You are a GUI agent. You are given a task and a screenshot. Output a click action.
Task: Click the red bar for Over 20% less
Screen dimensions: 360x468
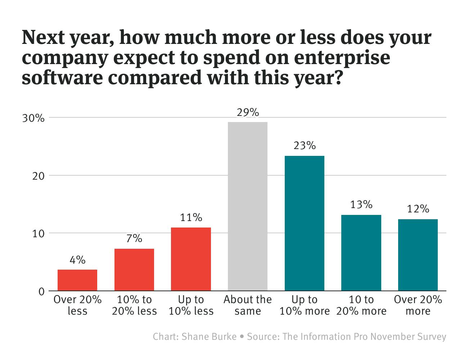77,280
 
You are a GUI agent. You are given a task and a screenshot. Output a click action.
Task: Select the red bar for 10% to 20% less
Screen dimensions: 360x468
134,270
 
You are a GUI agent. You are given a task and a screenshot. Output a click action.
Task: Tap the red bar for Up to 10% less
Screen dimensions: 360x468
191,259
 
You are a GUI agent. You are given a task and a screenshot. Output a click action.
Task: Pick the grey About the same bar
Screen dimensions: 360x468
248,206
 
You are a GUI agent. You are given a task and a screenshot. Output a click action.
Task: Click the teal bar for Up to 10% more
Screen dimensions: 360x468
305,223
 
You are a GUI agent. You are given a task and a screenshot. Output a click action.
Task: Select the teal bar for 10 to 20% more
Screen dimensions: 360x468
361,253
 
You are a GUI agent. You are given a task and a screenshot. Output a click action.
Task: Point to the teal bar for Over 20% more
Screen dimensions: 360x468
418,255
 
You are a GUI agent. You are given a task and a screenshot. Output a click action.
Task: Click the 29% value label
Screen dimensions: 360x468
248,113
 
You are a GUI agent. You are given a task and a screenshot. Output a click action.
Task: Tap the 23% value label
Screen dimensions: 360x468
305,146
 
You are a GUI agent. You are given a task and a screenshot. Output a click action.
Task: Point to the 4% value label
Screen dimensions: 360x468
77,260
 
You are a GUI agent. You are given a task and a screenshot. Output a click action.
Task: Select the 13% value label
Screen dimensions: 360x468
361,205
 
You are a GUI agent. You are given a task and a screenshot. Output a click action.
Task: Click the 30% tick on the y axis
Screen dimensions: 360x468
33,118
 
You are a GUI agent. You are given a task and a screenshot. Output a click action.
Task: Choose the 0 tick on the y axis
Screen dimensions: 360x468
41,291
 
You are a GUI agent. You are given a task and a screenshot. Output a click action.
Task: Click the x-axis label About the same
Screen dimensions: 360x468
248,305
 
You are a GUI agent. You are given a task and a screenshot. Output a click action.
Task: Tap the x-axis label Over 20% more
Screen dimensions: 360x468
418,305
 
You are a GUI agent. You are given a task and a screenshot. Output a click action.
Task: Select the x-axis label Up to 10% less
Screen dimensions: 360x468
191,305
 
